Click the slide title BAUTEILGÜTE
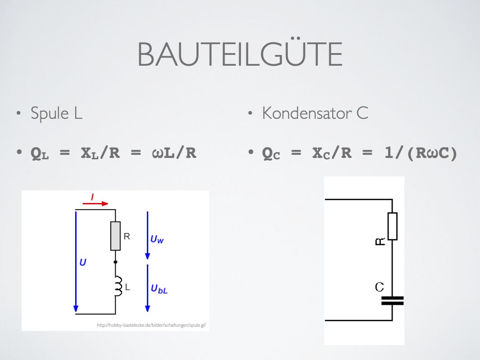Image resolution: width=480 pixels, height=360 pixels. tap(240, 55)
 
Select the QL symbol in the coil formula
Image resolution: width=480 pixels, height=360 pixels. tap(40, 154)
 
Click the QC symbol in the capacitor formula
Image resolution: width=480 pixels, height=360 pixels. tap(271, 154)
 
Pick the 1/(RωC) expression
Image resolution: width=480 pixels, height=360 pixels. tap(421, 153)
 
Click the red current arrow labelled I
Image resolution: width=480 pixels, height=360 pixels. tap(95, 202)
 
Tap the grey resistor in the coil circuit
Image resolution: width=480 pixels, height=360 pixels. tap(116, 236)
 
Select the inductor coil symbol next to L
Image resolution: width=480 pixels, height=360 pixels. tap(118, 287)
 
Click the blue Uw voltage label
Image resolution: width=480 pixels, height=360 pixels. tap(157, 239)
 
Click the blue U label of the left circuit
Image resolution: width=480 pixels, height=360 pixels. tap(83, 262)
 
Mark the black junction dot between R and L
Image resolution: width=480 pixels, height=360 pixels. tap(116, 262)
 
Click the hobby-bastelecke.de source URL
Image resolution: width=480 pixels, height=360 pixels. tap(151, 325)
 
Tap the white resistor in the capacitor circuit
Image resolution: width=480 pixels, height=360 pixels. tap(393, 226)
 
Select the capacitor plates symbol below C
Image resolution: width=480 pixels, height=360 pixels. tap(392, 301)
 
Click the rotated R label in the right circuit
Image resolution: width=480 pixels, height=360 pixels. tap(380, 242)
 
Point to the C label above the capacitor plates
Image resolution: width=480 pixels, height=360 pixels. tap(380, 287)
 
